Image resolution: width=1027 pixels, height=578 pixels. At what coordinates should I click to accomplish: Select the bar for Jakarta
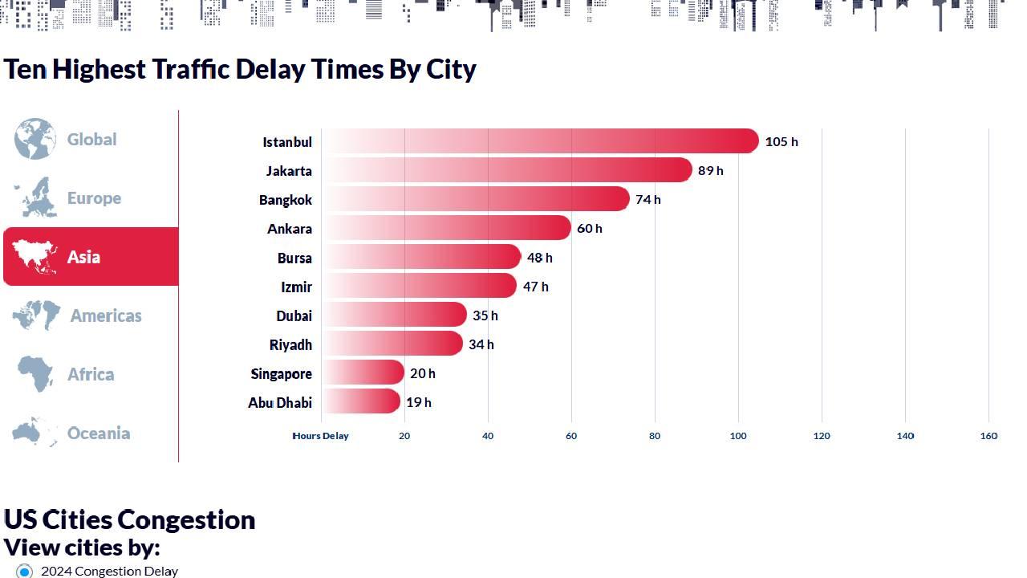(506, 170)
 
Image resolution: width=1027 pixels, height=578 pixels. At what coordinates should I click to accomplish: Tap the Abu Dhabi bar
(360, 401)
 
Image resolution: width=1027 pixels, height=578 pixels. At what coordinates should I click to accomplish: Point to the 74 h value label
(647, 199)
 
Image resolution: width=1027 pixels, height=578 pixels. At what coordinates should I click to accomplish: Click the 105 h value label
(781, 141)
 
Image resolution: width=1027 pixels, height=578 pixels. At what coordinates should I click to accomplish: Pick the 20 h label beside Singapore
(422, 373)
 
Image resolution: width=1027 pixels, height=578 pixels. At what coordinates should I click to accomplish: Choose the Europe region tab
(93, 198)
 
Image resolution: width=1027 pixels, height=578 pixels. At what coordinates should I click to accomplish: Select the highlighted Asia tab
(90, 257)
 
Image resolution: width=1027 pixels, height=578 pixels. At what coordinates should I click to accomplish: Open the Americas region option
(105, 315)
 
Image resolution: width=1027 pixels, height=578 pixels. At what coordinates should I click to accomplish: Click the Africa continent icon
(35, 374)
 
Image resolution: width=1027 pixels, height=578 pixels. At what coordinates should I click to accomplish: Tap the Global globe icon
(35, 139)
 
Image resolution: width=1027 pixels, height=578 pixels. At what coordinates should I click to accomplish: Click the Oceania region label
(98, 433)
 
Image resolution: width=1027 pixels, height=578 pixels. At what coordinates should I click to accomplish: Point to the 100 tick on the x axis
(738, 436)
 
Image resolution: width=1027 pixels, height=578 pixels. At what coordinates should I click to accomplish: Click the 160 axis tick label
(988, 436)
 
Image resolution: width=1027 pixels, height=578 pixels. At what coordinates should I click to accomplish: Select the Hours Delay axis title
(321, 436)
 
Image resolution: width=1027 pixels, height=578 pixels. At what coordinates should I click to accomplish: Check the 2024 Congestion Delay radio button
(25, 572)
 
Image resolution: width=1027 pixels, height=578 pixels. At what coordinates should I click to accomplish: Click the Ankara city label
(289, 229)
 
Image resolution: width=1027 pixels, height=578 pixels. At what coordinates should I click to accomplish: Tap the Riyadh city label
(290, 344)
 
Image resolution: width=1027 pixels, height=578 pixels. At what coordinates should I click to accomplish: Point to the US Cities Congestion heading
(129, 519)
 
